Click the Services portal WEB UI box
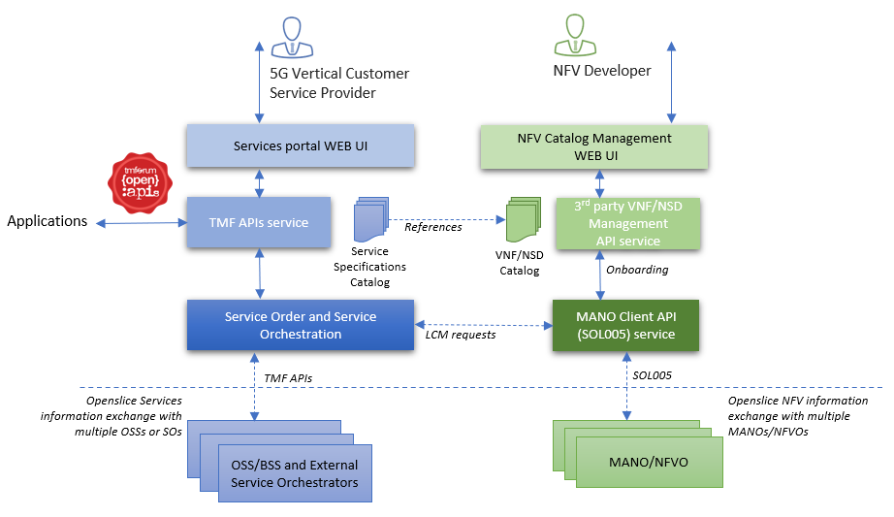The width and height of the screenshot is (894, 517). click(301, 146)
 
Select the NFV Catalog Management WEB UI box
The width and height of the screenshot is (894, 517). click(594, 146)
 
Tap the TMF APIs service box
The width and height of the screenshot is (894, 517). click(259, 222)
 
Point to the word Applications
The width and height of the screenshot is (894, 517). click(48, 221)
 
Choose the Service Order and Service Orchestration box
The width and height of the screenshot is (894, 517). click(300, 325)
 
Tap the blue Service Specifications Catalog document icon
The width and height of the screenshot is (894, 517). click(370, 219)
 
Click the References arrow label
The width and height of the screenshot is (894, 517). click(432, 227)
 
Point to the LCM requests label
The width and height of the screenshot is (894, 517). click(461, 335)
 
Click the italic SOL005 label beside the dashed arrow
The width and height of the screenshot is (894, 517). click(652, 373)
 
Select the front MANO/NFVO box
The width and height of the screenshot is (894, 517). click(650, 462)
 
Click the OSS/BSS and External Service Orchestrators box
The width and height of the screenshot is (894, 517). click(295, 474)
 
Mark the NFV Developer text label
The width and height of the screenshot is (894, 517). click(601, 71)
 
